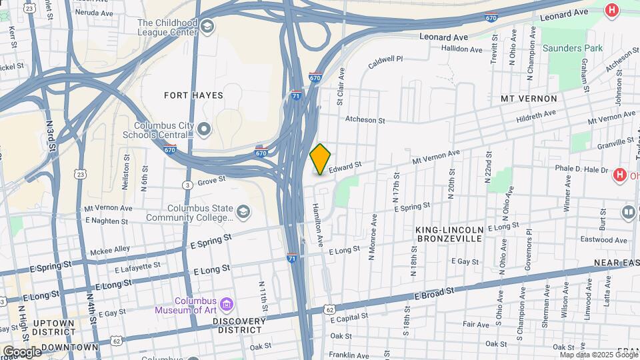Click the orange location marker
click(321, 159)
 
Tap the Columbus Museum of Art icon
click(226, 305)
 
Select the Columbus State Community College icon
click(243, 212)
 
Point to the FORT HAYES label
click(194, 95)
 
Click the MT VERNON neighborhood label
click(529, 99)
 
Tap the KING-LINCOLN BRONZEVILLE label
click(449, 234)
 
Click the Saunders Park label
click(572, 48)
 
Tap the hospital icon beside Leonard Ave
click(611, 10)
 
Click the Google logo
click(21, 351)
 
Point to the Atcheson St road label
click(365, 121)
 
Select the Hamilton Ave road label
click(318, 222)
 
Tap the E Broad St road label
click(433, 291)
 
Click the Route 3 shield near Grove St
click(189, 184)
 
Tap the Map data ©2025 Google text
click(589, 355)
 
